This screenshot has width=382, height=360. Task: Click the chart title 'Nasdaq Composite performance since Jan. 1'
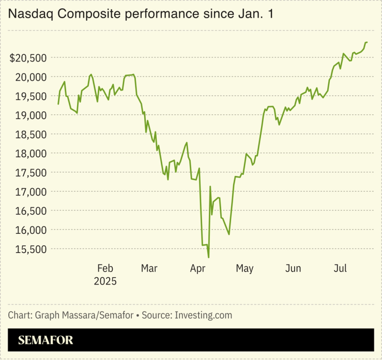point(140,15)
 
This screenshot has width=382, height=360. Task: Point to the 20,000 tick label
point(32,77)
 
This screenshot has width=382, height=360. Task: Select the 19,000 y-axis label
point(32,115)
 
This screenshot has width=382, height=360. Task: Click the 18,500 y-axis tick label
point(32,134)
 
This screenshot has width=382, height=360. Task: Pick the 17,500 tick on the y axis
point(32,173)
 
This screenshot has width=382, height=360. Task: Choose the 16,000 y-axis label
point(32,230)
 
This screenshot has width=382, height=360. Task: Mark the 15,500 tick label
point(32,249)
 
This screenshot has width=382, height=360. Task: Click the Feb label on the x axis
point(105,268)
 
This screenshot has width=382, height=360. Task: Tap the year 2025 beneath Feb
point(105,282)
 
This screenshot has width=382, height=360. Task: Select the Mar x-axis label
point(149,268)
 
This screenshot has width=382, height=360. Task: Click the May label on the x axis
point(245,268)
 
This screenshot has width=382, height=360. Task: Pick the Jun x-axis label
point(293,268)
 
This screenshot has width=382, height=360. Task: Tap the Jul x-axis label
point(340,268)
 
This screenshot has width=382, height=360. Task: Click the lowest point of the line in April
point(208,257)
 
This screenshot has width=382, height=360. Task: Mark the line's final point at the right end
point(367,42)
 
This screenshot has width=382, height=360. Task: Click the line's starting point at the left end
point(58,104)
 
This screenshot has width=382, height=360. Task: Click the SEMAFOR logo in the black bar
point(45,340)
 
